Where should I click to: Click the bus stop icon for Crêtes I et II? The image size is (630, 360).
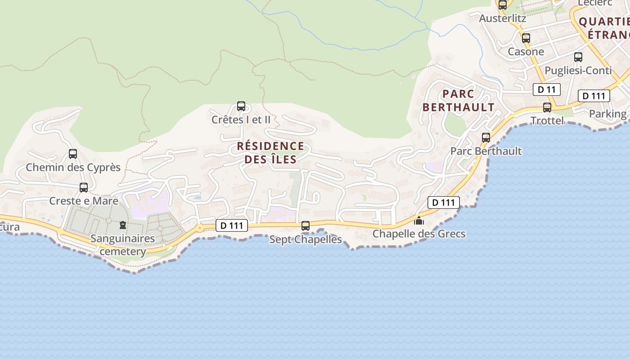pos(241,106)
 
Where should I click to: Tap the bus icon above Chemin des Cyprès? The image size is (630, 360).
pos(73,154)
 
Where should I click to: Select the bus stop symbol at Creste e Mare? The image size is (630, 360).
pos(84,188)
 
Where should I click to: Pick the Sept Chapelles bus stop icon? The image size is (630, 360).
pos(306,226)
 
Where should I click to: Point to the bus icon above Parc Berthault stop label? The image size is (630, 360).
pos(486,138)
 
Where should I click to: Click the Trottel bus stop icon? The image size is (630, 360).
pos(547,108)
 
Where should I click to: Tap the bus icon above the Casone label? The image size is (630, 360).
pos(526,38)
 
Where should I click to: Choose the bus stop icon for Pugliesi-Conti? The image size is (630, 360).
pos(578,57)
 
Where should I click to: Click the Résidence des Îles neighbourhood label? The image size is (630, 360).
pos(270,153)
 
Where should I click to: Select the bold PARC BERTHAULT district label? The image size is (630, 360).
pos(459,100)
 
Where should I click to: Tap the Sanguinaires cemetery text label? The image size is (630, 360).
pos(122,245)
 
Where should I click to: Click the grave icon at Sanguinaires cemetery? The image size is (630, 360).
pos(122,225)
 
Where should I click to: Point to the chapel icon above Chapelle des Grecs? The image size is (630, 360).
pos(419,220)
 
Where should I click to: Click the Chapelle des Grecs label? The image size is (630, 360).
pos(419,234)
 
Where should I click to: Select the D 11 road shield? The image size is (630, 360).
pos(547,90)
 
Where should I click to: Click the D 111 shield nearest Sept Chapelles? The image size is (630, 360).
pos(232,225)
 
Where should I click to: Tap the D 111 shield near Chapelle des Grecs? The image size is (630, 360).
pos(444,202)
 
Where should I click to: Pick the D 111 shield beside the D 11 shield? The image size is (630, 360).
pos(594,96)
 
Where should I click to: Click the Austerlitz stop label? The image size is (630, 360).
pos(503,18)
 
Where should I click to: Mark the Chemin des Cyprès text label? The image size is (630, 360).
pos(73,167)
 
